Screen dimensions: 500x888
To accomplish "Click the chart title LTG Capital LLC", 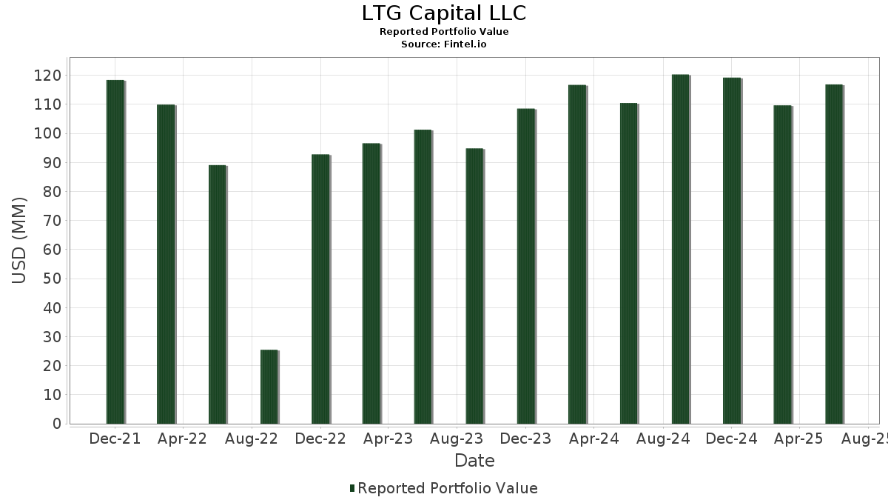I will coord(444,13).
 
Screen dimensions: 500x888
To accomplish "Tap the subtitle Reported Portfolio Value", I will coord(444,32).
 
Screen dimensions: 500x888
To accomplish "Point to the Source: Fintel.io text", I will coord(444,44).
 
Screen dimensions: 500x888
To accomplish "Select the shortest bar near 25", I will coord(269,387).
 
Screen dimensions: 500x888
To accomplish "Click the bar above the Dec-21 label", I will coord(115,252).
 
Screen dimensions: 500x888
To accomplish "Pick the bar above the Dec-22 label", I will coord(320,289).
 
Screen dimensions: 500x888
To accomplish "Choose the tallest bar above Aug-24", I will coord(680,249).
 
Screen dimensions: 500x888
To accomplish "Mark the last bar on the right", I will coord(834,254).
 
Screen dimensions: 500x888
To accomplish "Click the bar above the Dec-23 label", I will coord(526,266).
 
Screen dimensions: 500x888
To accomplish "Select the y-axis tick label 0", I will coord(57,424).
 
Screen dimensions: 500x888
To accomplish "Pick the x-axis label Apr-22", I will coord(182,439).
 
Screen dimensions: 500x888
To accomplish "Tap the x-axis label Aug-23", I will coord(457,439).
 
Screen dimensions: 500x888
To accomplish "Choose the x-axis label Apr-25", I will coord(799,439).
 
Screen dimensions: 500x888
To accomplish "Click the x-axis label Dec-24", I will coord(731,439).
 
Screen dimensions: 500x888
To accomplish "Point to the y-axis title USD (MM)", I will coord(20,240).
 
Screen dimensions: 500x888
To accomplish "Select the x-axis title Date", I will coord(474,461).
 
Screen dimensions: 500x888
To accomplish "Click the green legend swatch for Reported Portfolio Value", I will coord(352,488).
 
